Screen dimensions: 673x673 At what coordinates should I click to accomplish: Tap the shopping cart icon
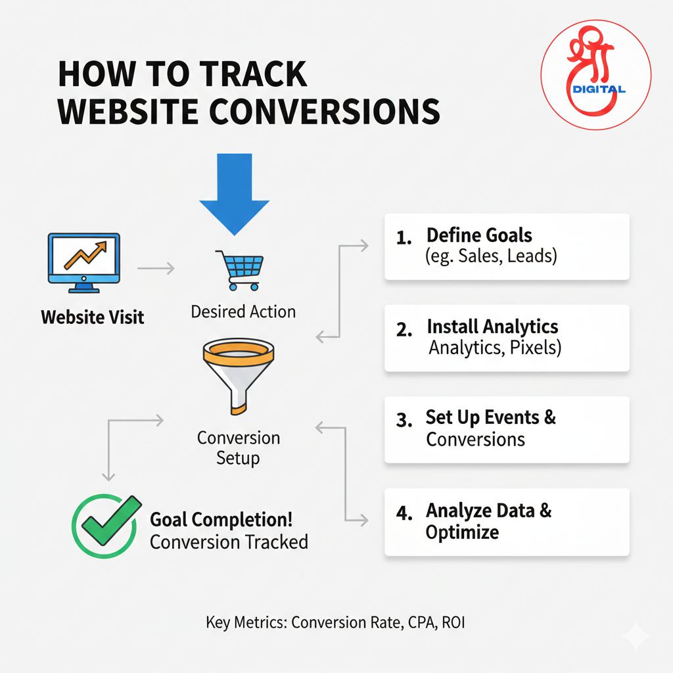click(240, 269)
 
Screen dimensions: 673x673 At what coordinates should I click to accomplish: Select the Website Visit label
click(92, 317)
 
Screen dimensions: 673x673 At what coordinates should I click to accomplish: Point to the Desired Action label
click(243, 312)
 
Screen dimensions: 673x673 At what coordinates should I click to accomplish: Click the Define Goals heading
click(479, 235)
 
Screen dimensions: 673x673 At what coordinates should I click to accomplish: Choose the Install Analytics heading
click(492, 327)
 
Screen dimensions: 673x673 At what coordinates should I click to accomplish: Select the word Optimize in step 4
click(462, 532)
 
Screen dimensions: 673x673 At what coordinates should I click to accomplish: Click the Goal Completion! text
click(221, 520)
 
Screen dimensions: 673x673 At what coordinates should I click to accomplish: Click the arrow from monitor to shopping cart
click(156, 268)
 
